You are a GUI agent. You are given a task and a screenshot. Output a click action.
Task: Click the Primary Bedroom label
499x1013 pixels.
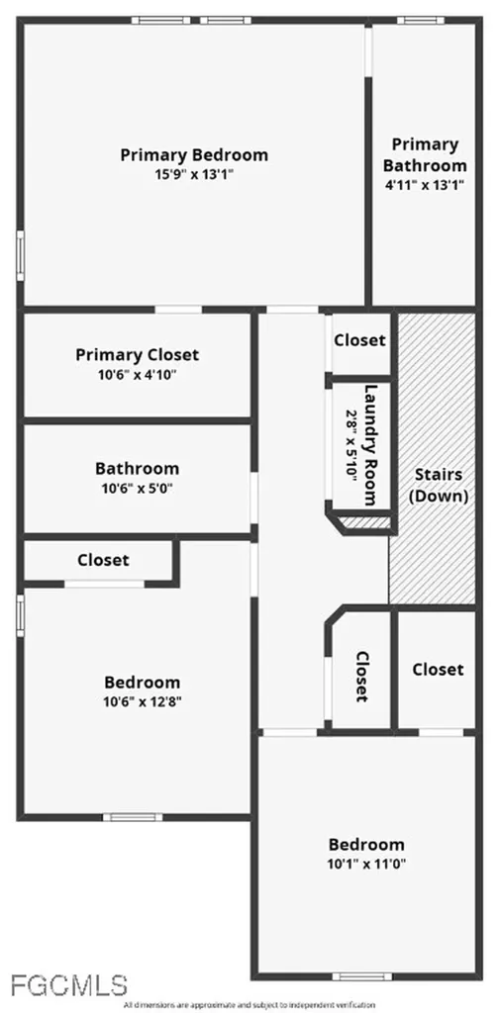(194, 155)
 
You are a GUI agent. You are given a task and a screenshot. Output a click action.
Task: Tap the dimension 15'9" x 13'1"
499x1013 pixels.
(194, 174)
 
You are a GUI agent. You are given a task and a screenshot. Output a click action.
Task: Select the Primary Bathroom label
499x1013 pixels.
(425, 154)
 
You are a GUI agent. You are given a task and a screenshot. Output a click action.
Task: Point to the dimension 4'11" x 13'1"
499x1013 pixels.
(425, 184)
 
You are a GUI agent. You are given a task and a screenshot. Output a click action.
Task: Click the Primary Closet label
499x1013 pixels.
(137, 355)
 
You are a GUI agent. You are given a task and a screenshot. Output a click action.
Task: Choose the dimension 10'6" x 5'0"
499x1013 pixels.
(137, 488)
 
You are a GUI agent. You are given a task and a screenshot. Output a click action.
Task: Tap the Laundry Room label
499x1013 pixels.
(370, 445)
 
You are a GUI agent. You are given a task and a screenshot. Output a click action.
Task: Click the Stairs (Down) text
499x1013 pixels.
(439, 485)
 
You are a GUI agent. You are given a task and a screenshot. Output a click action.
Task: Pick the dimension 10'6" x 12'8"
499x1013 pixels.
(143, 702)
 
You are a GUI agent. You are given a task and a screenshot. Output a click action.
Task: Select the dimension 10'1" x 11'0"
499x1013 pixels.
(366, 864)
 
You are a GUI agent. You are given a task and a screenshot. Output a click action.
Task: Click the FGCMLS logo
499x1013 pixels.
(68, 986)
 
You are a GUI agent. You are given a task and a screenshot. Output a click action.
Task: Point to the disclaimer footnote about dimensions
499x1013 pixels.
(249, 1005)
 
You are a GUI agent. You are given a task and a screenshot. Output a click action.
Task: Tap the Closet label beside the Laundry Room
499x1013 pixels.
(360, 340)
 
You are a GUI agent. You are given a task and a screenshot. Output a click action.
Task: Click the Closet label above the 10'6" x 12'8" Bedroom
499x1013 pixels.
(103, 560)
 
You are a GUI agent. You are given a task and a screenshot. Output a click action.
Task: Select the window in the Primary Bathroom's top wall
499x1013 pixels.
(421, 21)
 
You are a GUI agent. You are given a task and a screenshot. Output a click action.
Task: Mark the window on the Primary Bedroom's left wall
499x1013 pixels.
(21, 256)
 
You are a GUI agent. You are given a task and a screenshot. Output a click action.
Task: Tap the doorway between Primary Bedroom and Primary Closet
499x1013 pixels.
(178, 310)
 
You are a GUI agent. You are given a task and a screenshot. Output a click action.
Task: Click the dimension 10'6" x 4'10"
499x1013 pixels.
(138, 375)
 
